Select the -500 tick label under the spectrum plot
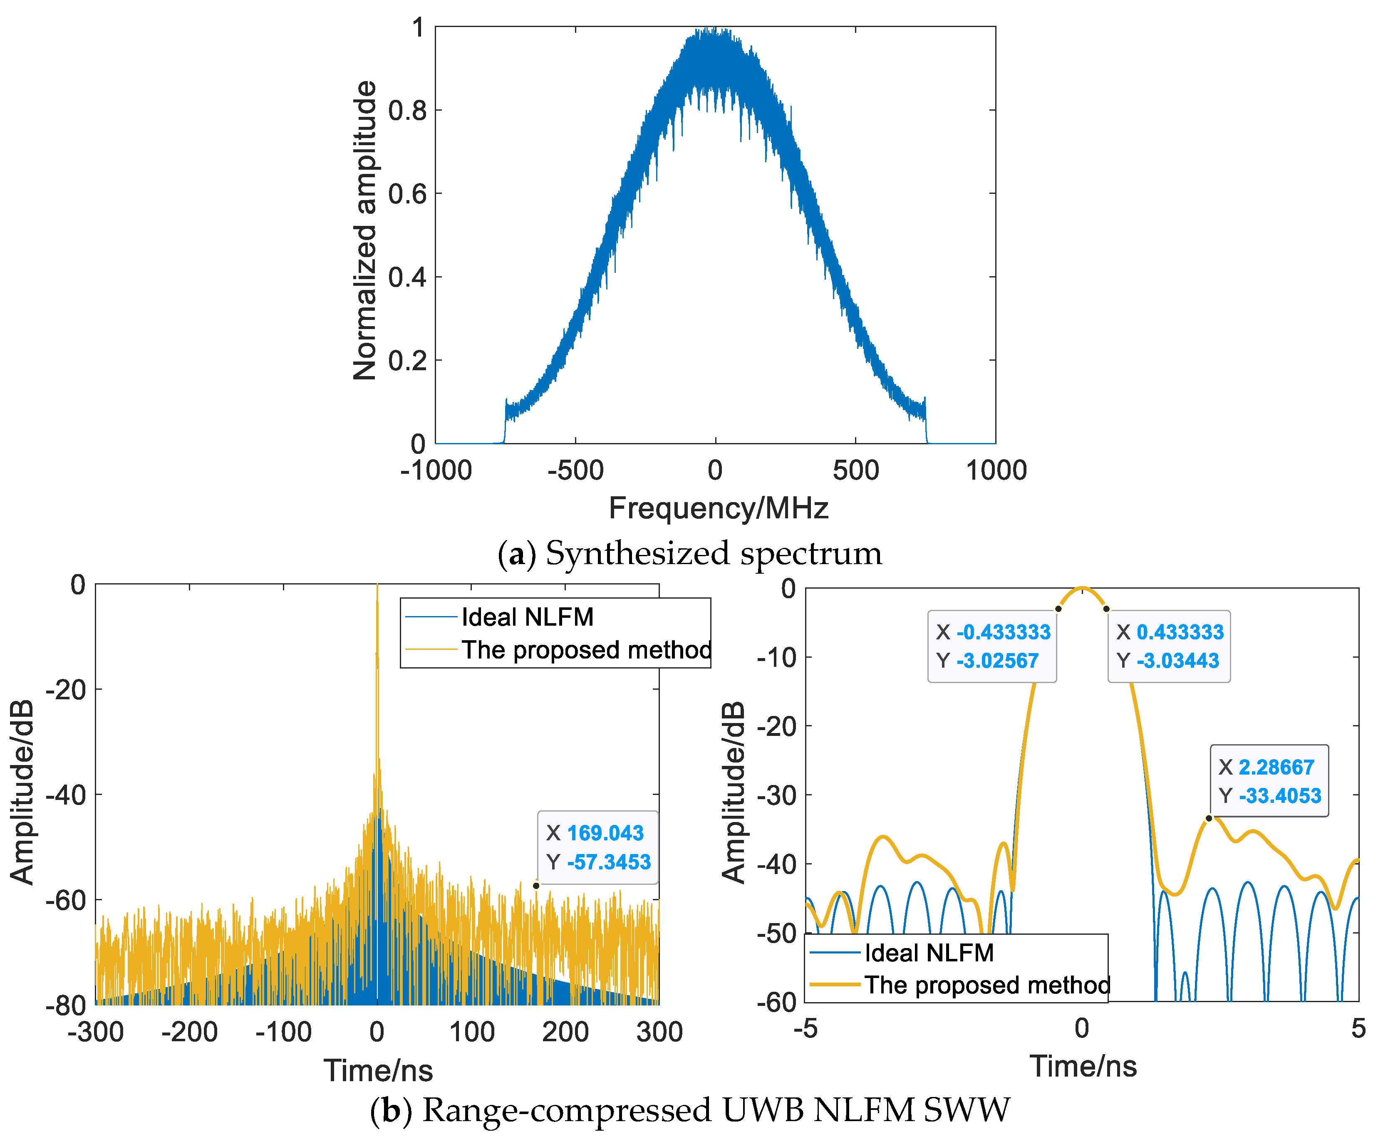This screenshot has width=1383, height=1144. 575,470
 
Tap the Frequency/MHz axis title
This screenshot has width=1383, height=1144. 718,508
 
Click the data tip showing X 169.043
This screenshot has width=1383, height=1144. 597,847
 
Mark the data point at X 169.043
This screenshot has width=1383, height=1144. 536,886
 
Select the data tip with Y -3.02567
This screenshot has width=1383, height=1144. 992,646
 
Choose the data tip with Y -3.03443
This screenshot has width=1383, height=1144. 1169,646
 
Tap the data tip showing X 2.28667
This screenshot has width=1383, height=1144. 1269,781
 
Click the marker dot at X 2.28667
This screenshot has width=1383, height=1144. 1209,818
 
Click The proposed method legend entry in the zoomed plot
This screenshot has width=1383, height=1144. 986,985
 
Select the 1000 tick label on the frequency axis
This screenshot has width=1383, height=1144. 996,470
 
